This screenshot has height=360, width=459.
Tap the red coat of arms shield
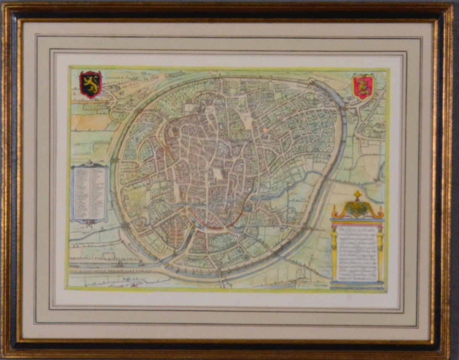[362, 87]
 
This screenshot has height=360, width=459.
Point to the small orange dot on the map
[264, 130]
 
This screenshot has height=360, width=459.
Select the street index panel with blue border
[89, 194]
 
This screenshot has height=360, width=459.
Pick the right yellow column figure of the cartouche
[380, 253]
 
